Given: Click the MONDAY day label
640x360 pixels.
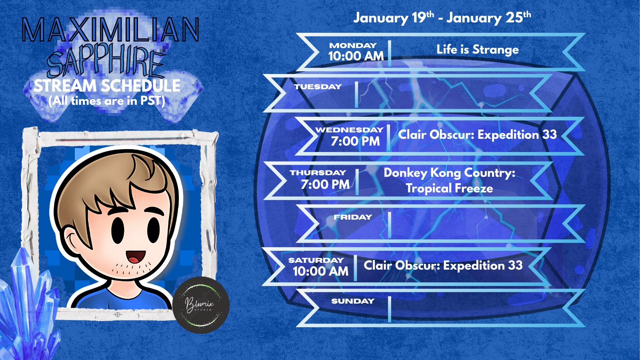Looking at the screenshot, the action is [353, 46].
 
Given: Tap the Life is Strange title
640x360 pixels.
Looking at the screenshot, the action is [478, 50].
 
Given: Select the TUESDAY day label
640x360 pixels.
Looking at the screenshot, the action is [318, 86].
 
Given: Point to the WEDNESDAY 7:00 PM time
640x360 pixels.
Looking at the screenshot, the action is [356, 142].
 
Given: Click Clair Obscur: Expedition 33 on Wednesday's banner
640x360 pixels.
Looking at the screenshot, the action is [478, 135].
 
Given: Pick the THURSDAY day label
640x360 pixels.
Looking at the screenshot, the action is [318, 172].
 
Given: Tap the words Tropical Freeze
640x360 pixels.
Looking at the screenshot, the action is [450, 188].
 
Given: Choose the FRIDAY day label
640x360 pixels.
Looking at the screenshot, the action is [353, 217].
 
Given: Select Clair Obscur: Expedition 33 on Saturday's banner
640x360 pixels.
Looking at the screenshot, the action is [443, 266].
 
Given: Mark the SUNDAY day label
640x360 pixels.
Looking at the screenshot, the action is [353, 301].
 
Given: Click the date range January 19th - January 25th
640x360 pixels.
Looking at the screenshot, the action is [442, 18].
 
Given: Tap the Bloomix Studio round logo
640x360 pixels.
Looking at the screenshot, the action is [201, 305].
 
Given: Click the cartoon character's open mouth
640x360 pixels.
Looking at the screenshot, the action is [136, 256].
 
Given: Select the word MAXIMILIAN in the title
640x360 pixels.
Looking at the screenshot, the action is [110, 30].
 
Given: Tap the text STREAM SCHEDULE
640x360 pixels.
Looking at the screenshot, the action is [107, 86].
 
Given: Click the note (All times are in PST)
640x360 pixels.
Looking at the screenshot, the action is [107, 101].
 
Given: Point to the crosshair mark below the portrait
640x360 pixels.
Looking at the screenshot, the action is [118, 314].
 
